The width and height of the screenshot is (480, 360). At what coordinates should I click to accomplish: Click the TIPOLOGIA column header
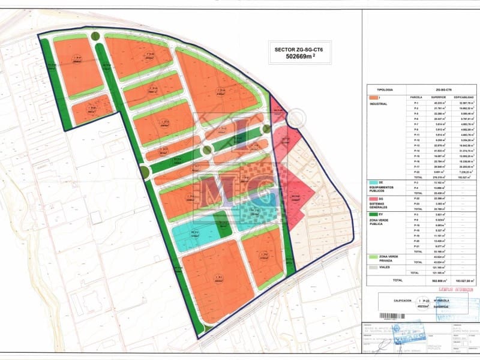(x=384, y=87)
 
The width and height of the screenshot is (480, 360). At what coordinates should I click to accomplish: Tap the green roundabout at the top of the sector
(x=96, y=36)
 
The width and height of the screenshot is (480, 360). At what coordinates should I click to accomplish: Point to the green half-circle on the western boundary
(x=145, y=173)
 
